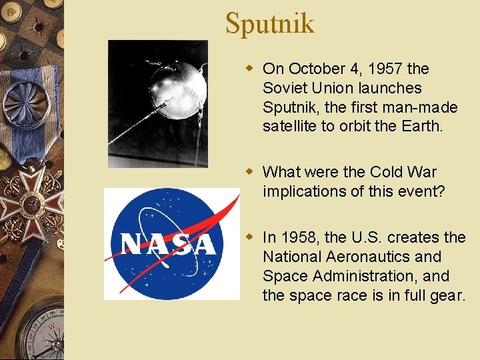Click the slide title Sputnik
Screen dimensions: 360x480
coord(269,23)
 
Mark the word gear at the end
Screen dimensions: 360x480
coord(448,295)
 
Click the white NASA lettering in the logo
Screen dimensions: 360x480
coord(169,244)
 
